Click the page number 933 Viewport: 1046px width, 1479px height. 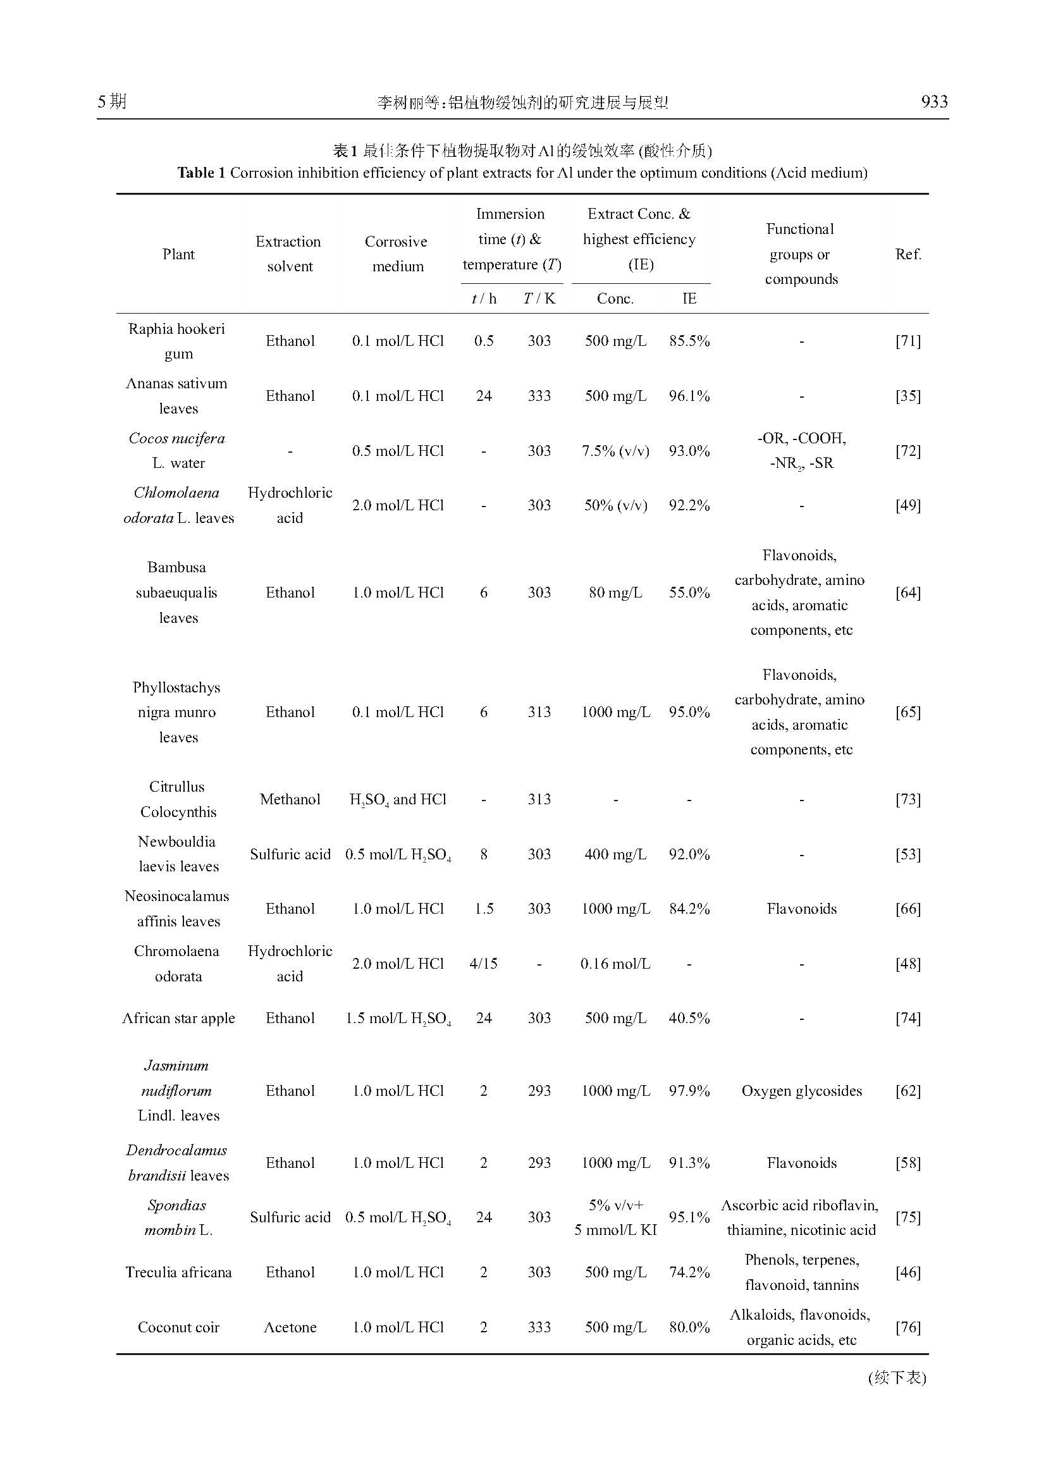934,102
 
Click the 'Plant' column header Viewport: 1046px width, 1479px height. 178,254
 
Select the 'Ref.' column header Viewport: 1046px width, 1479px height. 908,254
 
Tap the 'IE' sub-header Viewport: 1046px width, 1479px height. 689,298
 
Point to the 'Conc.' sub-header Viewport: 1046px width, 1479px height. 615,298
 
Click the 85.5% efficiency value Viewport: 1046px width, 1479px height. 689,341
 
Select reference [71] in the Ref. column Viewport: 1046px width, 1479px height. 908,341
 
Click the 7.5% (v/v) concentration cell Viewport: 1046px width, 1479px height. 615,451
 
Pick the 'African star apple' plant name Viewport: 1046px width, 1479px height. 178,1018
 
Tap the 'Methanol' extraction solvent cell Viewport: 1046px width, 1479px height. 290,799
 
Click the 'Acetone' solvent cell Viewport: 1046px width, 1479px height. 290,1327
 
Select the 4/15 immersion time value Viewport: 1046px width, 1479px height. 483,964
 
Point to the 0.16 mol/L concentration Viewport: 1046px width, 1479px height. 615,964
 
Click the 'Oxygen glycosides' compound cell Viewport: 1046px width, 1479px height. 801,1091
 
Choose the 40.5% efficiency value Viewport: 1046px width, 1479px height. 689,1018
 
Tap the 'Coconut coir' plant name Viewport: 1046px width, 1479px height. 178,1327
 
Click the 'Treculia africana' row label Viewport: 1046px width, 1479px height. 178,1272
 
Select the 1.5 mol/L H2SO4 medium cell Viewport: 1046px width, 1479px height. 398,1018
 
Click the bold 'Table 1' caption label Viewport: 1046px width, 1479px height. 201,173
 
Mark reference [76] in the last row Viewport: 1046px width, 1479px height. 908,1327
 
